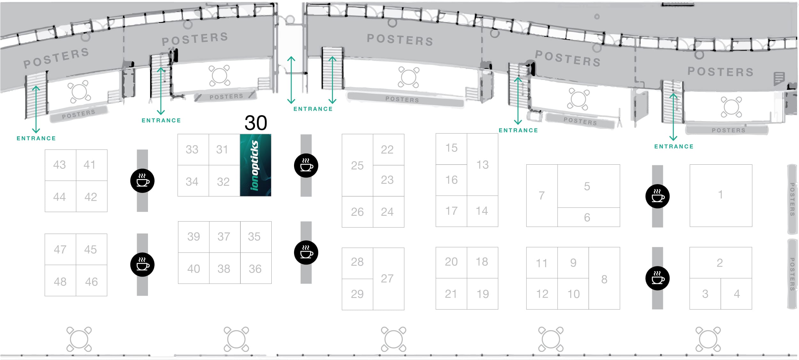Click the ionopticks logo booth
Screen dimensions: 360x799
tap(255, 165)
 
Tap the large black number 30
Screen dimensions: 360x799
tap(256, 123)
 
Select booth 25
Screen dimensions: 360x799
tap(357, 165)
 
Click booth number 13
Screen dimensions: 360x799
tap(482, 165)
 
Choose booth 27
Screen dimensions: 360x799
tap(387, 278)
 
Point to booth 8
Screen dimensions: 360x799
tap(604, 279)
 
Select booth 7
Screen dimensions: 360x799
tap(541, 195)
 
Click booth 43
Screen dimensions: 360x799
tap(60, 165)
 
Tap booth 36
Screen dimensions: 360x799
tap(255, 269)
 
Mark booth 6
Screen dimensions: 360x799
tap(587, 217)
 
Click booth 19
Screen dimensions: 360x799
tap(483, 294)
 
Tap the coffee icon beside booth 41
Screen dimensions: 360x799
tap(143, 181)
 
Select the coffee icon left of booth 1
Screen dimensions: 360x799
tap(657, 196)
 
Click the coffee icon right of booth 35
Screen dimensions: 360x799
tap(306, 253)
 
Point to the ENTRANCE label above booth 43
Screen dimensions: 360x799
tap(36, 138)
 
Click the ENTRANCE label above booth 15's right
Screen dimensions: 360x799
tap(518, 130)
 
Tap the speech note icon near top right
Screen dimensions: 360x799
tap(779, 78)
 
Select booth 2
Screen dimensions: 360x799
tap(720, 263)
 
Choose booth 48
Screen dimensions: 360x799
tap(60, 282)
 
